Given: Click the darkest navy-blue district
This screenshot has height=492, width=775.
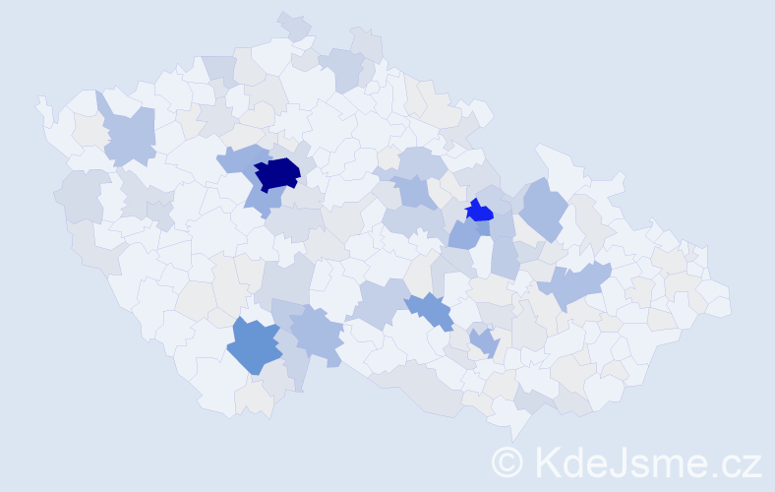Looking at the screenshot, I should point(277,172).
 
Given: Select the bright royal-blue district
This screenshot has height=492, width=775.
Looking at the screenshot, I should point(479,211).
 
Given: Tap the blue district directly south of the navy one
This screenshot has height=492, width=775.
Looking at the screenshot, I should point(258,200).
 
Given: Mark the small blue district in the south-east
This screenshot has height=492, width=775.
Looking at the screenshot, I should point(483,341).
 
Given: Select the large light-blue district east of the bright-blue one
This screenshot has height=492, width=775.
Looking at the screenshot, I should point(543,207).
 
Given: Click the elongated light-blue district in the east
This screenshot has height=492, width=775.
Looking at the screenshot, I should point(575,285).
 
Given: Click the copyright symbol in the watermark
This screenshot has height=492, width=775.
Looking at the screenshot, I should point(507,461).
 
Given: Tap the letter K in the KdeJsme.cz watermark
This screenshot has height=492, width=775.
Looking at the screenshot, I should point(547,461).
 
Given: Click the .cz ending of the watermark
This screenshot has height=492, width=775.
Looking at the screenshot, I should point(738,461).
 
